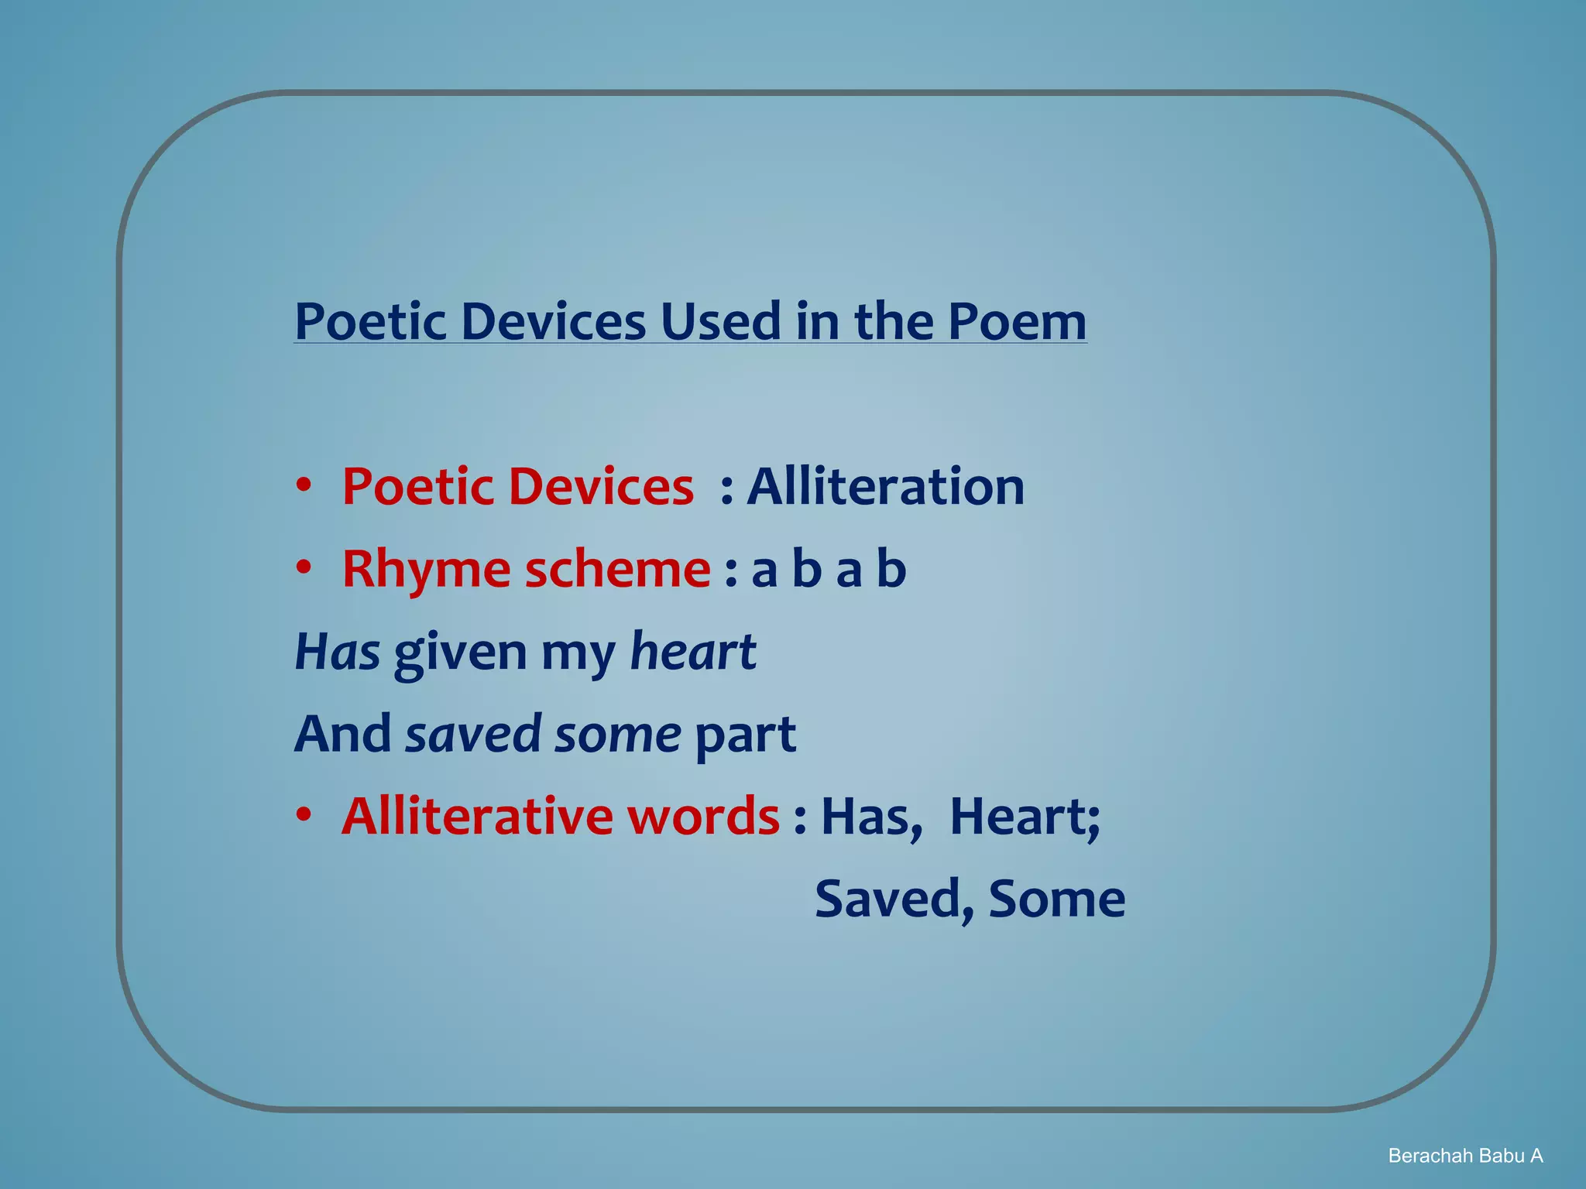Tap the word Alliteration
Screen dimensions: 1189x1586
click(885, 487)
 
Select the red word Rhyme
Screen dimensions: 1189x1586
click(426, 570)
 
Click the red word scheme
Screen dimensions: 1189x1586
click(617, 570)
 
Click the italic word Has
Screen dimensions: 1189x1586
click(337, 651)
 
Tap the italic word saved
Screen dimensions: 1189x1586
click(473, 734)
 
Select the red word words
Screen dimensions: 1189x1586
click(703, 816)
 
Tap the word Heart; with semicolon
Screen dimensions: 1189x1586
click(1025, 816)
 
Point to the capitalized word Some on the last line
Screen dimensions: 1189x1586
click(1056, 899)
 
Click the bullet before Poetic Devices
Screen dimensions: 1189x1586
click(304, 485)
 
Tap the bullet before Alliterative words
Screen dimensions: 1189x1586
click(304, 814)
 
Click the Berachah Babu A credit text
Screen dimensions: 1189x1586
click(1465, 1156)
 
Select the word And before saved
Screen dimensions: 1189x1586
click(342, 734)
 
